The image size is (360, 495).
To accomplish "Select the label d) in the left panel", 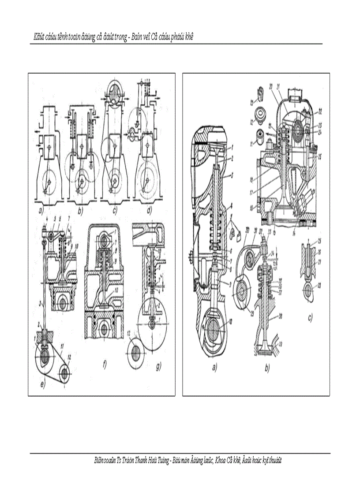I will coord(150,211).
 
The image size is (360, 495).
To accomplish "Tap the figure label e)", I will coord(42,384).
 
